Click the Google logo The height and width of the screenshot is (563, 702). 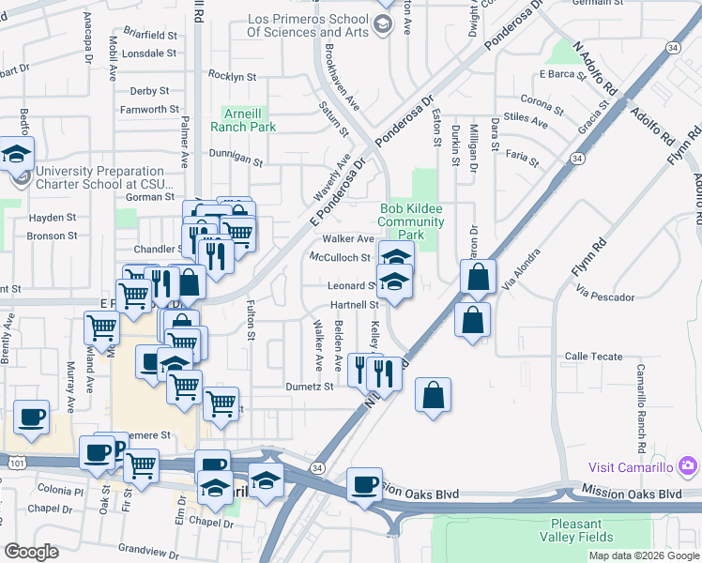pyautogui.click(x=32, y=552)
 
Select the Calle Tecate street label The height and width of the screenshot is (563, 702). pyautogui.click(x=593, y=357)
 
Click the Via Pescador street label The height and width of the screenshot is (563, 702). pyautogui.click(x=605, y=297)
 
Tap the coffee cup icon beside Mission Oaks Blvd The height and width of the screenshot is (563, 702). pyautogui.click(x=364, y=485)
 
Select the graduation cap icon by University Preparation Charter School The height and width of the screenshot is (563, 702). pyautogui.click(x=16, y=154)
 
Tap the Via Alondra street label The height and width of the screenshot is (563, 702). pyautogui.click(x=521, y=269)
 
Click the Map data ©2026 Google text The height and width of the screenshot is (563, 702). pyautogui.click(x=644, y=555)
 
